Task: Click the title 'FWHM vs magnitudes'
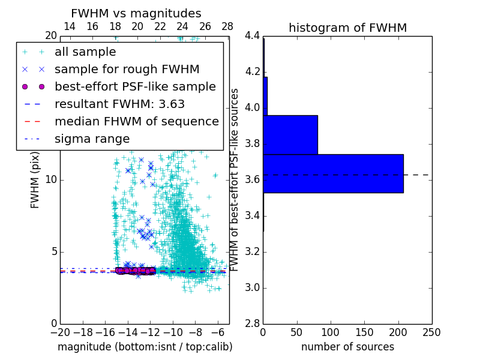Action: (x=136, y=13)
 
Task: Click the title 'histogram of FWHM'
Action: (x=347, y=28)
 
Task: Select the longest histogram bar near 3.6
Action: (x=333, y=173)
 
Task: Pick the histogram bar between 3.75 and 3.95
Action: (x=290, y=134)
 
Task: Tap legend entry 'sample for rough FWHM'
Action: (x=127, y=69)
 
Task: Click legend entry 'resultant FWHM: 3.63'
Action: (x=119, y=104)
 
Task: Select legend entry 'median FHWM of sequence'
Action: (x=136, y=121)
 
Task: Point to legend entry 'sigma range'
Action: (x=92, y=139)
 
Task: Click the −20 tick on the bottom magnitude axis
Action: (x=60, y=332)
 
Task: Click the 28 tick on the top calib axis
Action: (x=227, y=26)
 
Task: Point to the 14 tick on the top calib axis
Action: (x=70, y=26)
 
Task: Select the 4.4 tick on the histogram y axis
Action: (x=253, y=36)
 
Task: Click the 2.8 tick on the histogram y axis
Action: (x=253, y=323)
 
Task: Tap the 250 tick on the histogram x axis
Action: (x=431, y=332)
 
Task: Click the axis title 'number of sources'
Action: (x=347, y=347)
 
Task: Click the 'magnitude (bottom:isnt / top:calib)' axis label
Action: (x=145, y=347)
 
